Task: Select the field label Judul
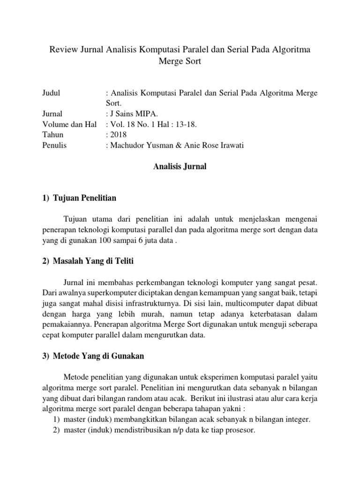coord(52,93)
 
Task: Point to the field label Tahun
coord(52,135)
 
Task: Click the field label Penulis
coord(54,145)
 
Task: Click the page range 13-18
coord(186,124)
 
